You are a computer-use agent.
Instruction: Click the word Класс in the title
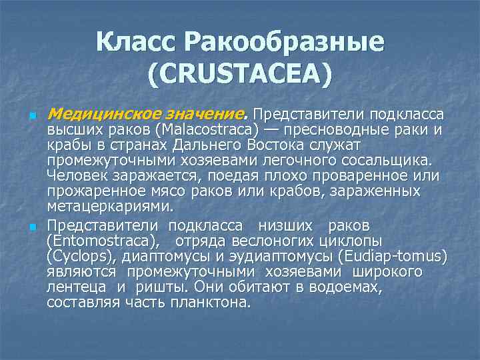tap(137, 43)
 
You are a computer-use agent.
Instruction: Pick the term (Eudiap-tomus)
tap(393, 257)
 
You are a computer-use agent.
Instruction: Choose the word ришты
tap(153, 287)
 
